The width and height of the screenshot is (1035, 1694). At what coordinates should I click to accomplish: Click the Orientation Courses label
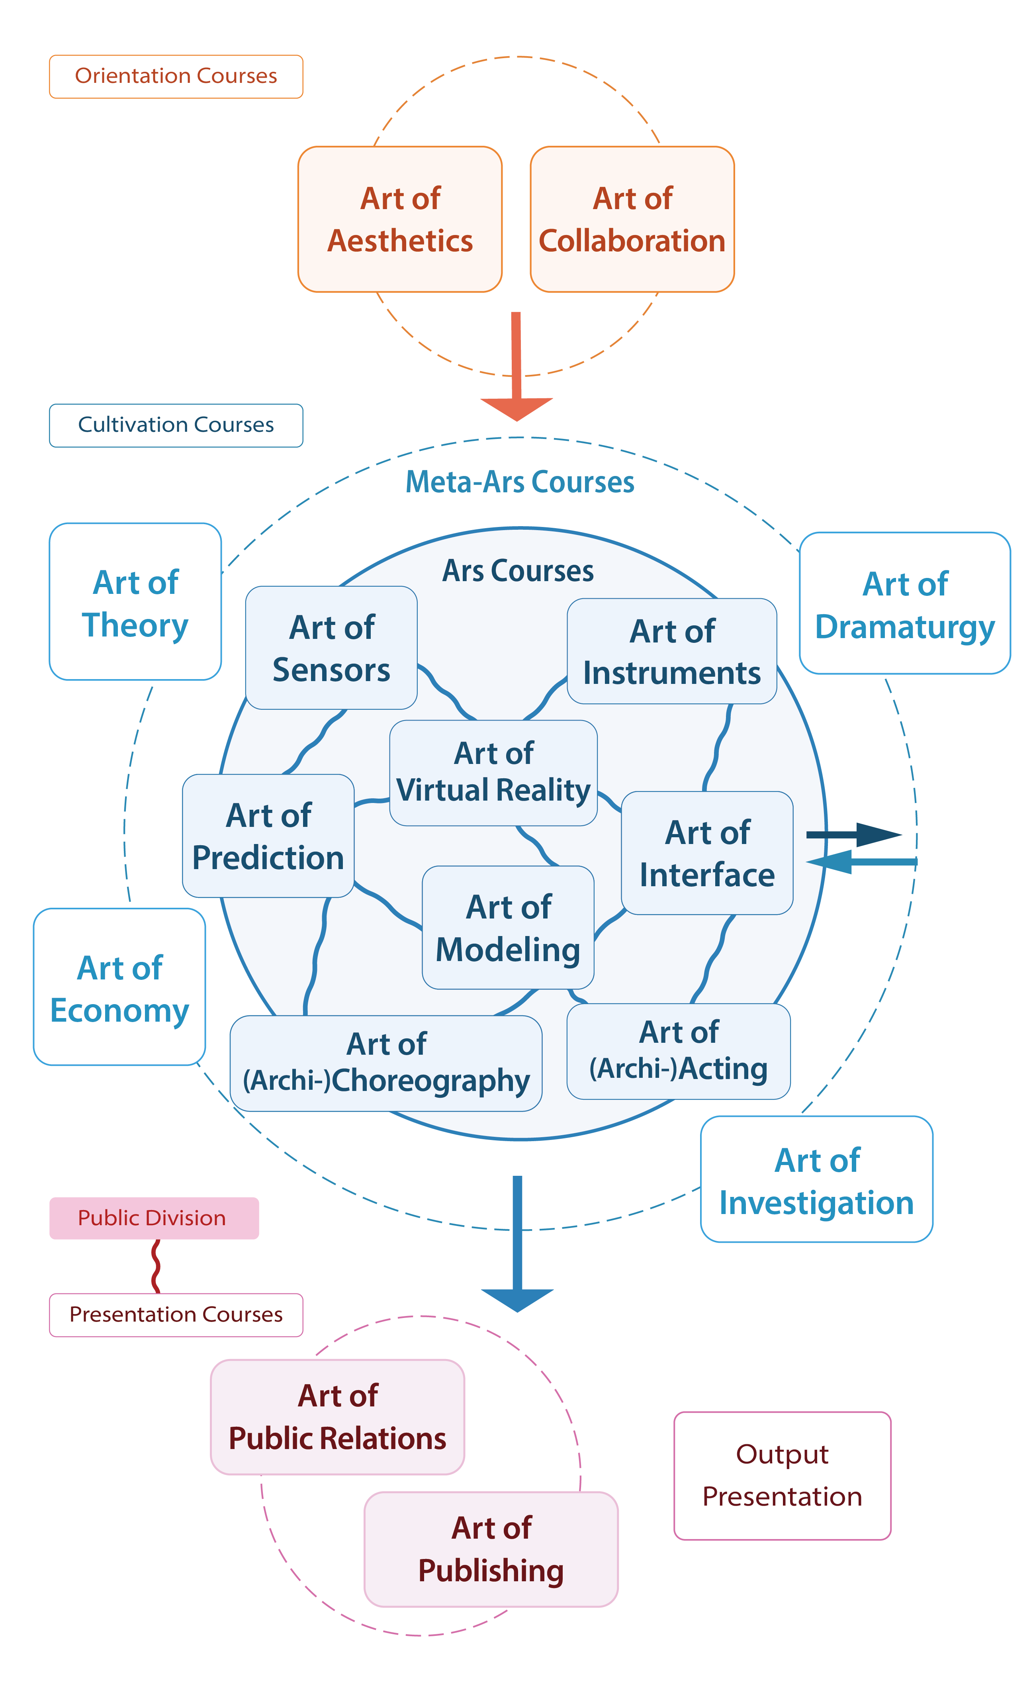(x=176, y=76)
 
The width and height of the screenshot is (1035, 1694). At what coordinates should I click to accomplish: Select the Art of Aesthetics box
(x=399, y=219)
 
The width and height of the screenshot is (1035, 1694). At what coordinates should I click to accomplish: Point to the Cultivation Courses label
(x=176, y=425)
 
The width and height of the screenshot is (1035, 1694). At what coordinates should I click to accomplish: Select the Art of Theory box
(x=135, y=602)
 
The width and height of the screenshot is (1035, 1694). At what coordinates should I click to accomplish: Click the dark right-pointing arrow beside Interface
(x=859, y=834)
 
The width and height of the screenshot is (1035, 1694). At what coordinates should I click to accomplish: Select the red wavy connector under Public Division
(x=156, y=1266)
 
